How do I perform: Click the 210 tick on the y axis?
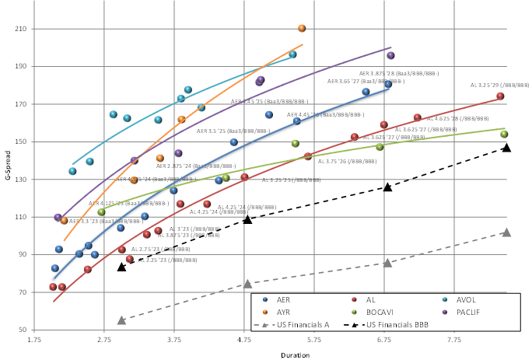pos(21,29)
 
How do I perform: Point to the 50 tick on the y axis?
pos(23,330)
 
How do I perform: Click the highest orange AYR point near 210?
pos(302,29)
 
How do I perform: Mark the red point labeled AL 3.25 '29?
pos(500,96)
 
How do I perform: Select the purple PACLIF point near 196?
pos(390,56)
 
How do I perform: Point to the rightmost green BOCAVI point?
pos(504,135)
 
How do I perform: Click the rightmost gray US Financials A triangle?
pos(506,232)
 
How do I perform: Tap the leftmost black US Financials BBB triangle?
pos(121,267)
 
